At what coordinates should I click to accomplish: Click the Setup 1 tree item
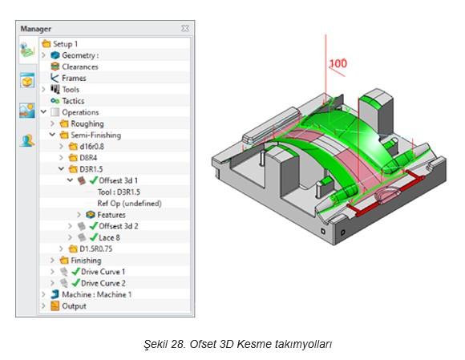[x=65, y=44]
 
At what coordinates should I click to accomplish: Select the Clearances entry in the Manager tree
[x=80, y=67]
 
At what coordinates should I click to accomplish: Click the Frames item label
[x=74, y=78]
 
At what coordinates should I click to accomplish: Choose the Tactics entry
[x=73, y=101]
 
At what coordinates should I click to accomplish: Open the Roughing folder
[x=87, y=123]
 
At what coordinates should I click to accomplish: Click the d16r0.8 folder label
[x=91, y=147]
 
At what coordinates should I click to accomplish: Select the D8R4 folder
[x=88, y=158]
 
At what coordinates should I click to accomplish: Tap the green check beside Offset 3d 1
[x=94, y=180]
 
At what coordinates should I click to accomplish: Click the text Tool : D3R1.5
[x=119, y=192]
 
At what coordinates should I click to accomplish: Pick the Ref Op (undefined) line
[x=129, y=204]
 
